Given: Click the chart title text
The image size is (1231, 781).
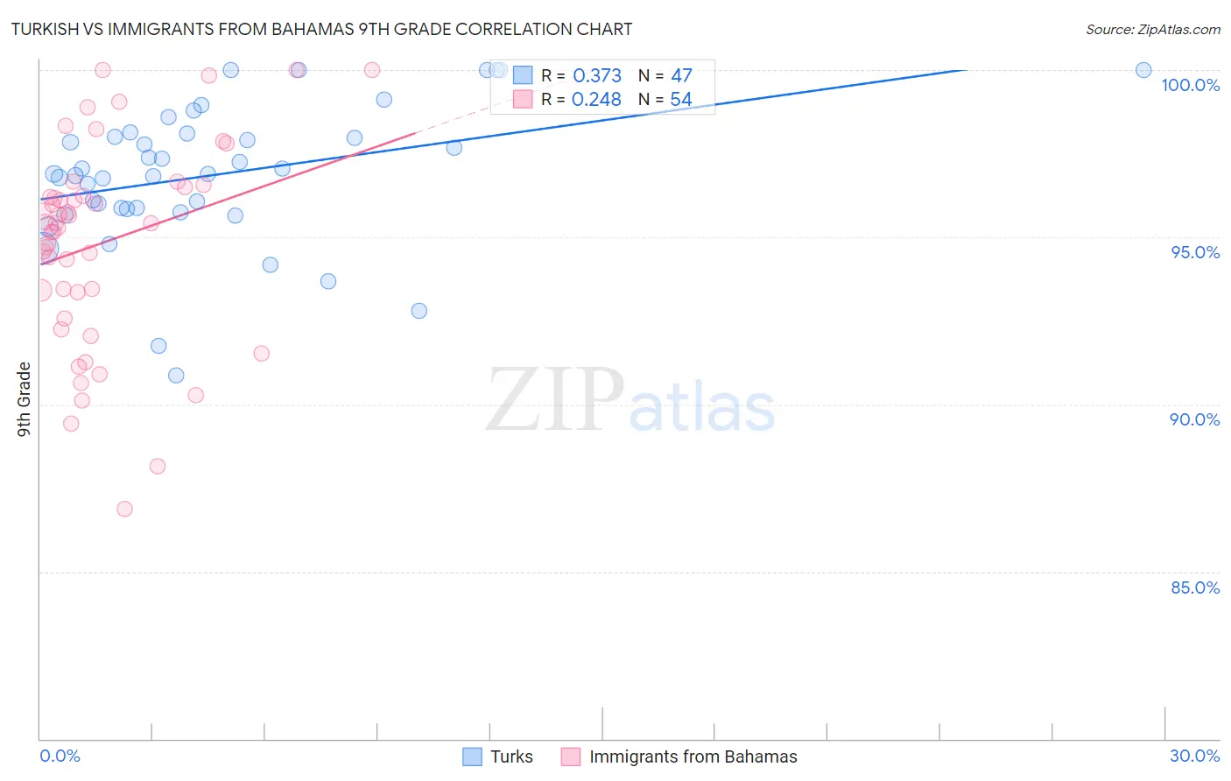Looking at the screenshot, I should [x=321, y=29].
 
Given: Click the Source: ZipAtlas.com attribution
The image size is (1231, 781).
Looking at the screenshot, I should [x=1152, y=30].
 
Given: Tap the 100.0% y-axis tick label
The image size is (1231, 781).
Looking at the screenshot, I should [x=1190, y=85].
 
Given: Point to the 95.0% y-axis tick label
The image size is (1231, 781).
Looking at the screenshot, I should [x=1195, y=252].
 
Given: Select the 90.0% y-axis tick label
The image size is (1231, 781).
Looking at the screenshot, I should [x=1194, y=419].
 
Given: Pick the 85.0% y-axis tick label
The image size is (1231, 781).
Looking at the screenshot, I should [x=1194, y=588].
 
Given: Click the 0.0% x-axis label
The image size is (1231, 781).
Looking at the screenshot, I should [x=60, y=756].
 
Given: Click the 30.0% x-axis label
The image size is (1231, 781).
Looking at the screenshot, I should [x=1194, y=756].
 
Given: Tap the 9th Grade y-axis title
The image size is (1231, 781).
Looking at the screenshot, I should [x=25, y=398].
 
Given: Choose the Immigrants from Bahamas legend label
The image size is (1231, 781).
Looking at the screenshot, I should [x=693, y=756].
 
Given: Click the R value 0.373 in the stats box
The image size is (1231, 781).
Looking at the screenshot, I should [x=596, y=76].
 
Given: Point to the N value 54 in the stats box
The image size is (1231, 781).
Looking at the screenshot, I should [x=681, y=100].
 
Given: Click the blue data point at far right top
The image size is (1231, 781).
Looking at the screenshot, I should [x=1143, y=70].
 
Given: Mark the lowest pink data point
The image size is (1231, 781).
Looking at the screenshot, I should [x=124, y=509].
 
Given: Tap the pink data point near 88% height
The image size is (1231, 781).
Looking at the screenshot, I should [x=158, y=466].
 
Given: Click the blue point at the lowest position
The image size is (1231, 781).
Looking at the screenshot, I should [x=176, y=376].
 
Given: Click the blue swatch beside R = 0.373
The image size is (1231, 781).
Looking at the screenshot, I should [x=523, y=75].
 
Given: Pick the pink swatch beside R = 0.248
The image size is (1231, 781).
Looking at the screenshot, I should [x=523, y=99].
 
